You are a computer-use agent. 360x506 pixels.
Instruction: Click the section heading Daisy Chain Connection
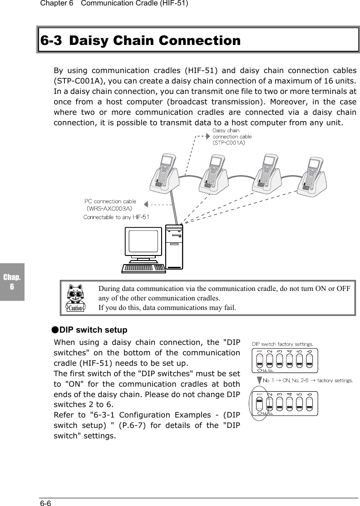(x=141, y=40)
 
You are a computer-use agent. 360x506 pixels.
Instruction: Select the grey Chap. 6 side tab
(x=12, y=281)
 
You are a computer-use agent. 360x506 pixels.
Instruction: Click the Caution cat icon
(x=76, y=298)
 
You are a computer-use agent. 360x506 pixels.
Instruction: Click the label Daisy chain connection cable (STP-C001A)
(x=232, y=137)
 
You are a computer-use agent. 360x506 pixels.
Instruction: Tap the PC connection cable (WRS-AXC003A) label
(x=110, y=205)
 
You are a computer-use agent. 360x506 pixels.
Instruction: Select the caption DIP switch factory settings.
(x=282, y=344)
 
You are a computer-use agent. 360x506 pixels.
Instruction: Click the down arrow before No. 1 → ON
(x=259, y=380)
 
